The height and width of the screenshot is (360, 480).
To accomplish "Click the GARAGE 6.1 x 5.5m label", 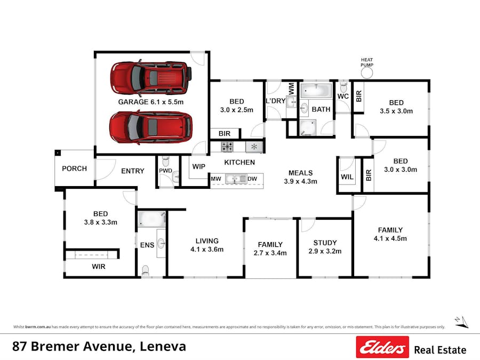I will point(151,101).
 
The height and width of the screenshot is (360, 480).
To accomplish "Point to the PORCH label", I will point(74,169).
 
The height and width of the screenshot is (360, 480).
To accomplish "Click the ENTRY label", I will point(132,171).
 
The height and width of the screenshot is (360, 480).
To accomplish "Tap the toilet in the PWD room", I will point(165,161).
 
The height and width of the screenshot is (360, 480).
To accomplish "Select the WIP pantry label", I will point(198,166).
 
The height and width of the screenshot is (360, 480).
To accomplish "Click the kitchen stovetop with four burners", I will point(227,147).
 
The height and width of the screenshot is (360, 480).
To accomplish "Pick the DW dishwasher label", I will point(252,179).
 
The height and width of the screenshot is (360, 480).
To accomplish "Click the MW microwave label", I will point(216,179).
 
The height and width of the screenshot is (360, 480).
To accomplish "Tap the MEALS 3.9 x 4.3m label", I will point(300,177).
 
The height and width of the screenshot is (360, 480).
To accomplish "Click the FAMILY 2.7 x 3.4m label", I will point(270,249).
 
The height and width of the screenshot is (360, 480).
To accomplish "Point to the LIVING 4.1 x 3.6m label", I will point(206,245).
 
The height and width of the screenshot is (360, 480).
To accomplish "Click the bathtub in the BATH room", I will point(316,90).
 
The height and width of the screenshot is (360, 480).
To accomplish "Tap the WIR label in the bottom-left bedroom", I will point(99,266).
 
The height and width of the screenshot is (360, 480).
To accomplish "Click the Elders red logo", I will point(382,347).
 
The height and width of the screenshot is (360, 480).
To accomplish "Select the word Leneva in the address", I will point(163,346).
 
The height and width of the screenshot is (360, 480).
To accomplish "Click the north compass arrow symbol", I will point(461,321).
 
